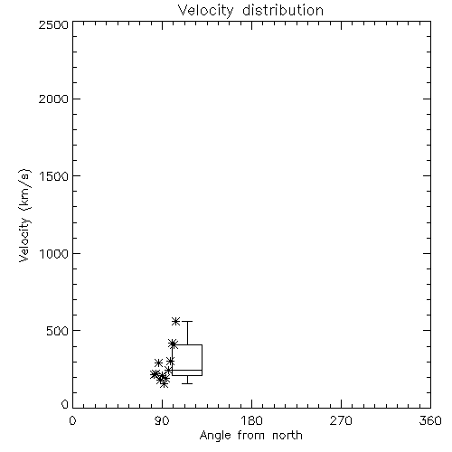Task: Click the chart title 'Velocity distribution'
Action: tap(250, 11)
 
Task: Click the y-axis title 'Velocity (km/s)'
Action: tap(24, 216)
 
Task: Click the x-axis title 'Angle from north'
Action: tap(250, 436)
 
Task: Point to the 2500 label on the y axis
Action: tap(53, 24)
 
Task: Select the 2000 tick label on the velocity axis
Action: tap(53, 99)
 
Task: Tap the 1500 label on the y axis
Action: tap(54, 176)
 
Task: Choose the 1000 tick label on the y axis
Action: tap(54, 253)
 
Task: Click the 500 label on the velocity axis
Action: tap(58, 331)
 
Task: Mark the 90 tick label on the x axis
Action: tap(162, 420)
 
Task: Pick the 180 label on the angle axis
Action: tap(251, 420)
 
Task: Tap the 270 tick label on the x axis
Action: tap(341, 420)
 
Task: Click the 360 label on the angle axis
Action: tap(430, 420)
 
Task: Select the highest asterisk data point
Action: tap(175, 321)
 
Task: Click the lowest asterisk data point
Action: tap(164, 383)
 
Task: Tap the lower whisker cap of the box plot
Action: tap(187, 383)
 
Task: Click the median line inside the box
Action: tap(187, 370)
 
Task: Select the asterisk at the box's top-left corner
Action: tap(173, 344)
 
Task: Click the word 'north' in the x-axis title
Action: tap(287, 436)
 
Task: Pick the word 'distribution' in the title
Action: tap(283, 11)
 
